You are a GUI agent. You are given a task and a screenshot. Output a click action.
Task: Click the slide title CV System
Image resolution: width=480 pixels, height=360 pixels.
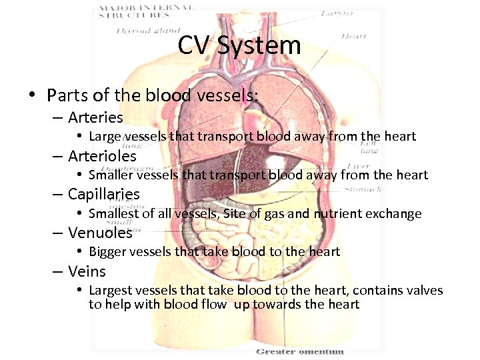tap(239, 46)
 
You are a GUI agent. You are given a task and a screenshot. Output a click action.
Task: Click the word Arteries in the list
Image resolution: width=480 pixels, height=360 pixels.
tap(95, 117)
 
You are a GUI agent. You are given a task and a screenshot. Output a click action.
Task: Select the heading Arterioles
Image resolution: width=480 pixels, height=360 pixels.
tap(102, 156)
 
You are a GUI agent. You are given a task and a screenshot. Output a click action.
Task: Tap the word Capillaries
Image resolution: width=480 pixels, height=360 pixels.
tap(103, 195)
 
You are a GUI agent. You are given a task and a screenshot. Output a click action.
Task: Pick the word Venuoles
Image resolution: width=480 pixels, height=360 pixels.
tap(100, 233)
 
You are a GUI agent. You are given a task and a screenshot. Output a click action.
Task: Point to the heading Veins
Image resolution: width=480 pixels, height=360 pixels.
tap(87, 271)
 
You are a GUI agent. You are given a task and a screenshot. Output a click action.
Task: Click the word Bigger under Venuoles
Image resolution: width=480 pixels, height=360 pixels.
tap(107, 252)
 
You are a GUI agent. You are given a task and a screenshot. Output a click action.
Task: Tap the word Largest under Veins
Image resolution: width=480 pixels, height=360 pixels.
tap(111, 290)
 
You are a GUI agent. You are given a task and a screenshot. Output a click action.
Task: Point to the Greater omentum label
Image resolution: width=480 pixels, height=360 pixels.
tap(300, 351)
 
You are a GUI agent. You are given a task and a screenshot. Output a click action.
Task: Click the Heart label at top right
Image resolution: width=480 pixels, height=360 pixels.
tap(353, 36)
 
